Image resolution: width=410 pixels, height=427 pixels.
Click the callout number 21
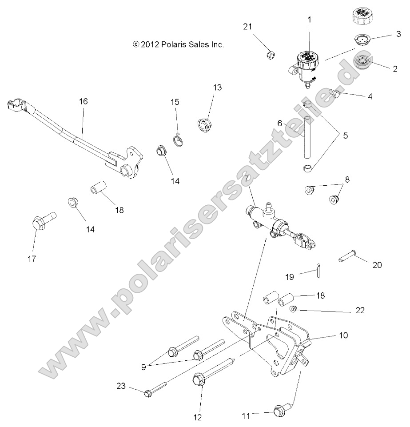[247, 27]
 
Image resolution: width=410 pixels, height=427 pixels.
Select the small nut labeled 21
[270, 55]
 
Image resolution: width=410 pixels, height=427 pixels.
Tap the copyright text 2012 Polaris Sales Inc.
[178, 44]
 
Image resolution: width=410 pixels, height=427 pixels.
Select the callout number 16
[83, 101]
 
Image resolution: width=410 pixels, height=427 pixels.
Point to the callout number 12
[197, 417]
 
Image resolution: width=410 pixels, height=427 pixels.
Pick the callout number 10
[343, 335]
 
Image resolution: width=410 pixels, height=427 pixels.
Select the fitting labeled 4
[337, 93]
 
